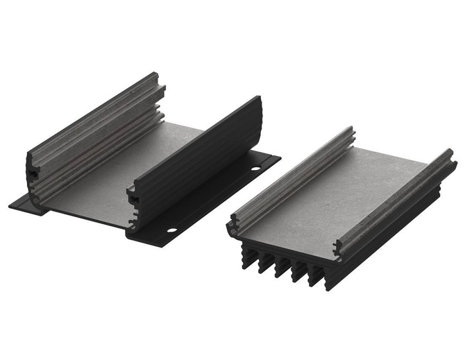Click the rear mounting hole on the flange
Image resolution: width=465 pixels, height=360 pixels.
tap(254, 169)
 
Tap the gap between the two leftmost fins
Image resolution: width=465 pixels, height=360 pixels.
tap(255, 258)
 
